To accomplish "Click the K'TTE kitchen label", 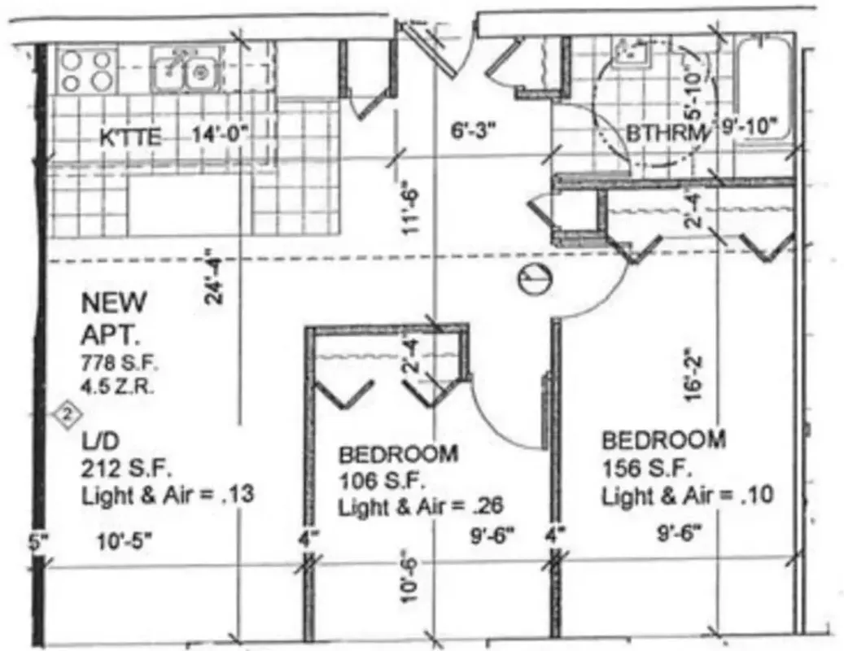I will [129, 138].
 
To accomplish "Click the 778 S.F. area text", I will [113, 361].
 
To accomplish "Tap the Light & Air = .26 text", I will [420, 506].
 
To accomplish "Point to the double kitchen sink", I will [183, 72].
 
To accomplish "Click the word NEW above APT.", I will [114, 304].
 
